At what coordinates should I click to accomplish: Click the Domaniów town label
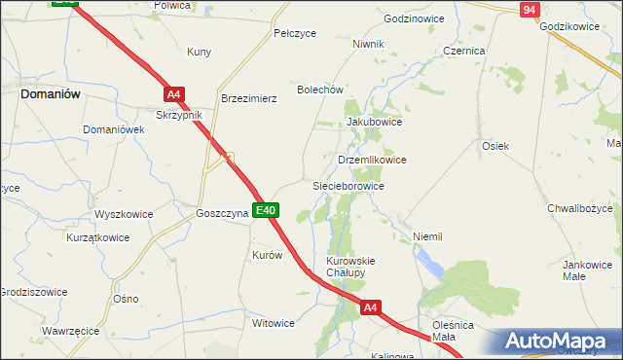coord(50,94)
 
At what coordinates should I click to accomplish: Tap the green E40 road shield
coord(266,209)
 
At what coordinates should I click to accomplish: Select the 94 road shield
coord(529,10)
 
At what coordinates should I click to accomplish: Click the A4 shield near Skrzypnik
coord(173,94)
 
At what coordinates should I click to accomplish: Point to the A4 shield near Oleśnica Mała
coord(370,307)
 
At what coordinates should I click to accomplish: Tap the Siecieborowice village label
coord(348,185)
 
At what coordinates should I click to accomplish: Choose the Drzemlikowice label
coord(371,160)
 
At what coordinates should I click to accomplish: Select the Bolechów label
coord(320,90)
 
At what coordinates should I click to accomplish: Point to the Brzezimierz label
coord(249,98)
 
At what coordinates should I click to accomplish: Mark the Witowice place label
coord(273,323)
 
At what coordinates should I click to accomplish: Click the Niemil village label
coord(427,236)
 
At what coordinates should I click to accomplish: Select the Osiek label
coord(495,145)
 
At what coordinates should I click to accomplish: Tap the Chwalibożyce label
coord(584,207)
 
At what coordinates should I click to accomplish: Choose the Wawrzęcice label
coord(70,331)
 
